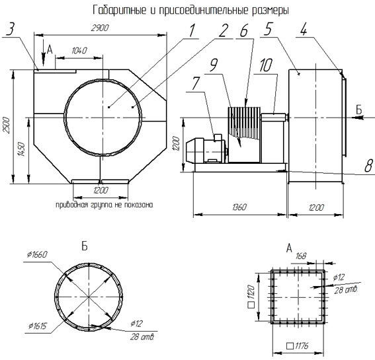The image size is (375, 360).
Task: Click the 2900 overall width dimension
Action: tap(100, 28)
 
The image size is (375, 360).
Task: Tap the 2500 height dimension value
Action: tap(7, 126)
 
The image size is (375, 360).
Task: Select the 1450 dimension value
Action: tap(21, 149)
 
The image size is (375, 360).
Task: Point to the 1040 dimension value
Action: tap(79, 50)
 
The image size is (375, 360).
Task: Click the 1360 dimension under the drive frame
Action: tap(239, 207)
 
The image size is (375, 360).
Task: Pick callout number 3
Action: tap(11, 28)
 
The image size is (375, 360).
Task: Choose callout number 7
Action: tap(196, 83)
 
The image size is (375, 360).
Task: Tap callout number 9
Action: tap(213, 65)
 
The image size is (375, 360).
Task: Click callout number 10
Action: tap(266, 65)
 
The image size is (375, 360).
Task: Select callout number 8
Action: tap(369, 166)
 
